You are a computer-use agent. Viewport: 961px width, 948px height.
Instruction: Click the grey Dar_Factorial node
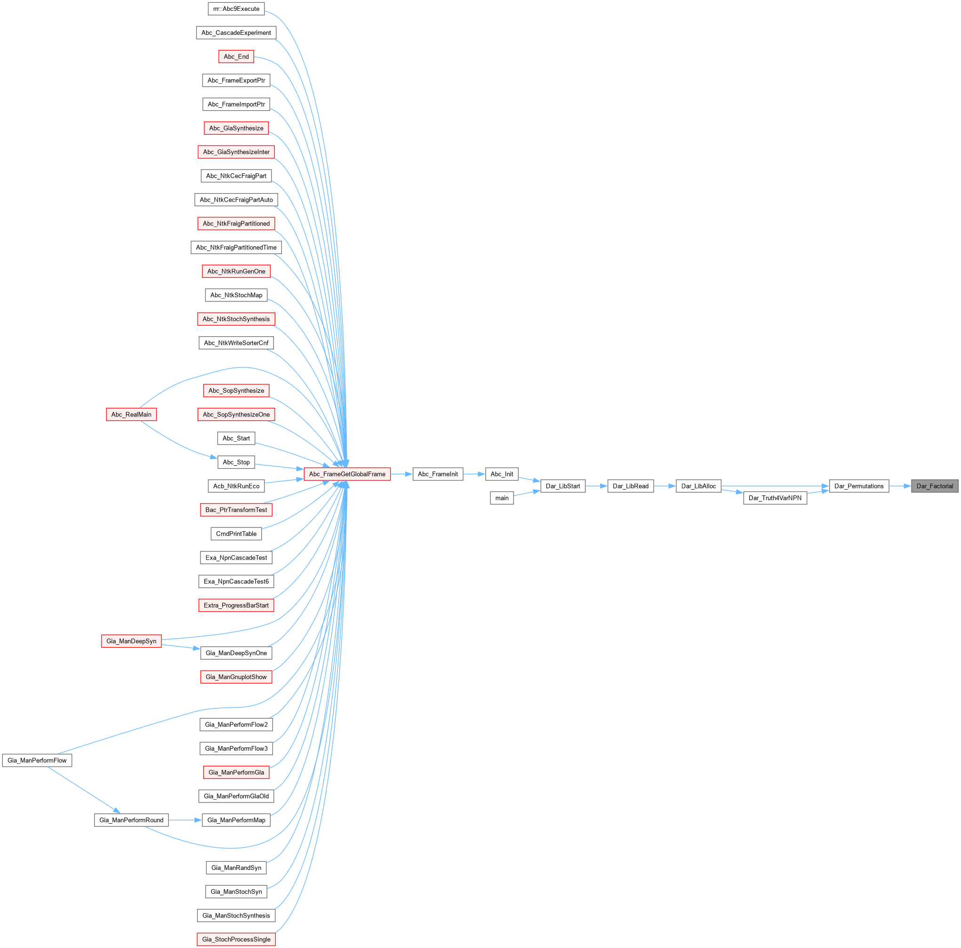[934, 486]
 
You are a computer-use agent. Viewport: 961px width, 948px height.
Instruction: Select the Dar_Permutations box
[858, 486]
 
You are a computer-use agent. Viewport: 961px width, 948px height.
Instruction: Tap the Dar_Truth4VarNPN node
[775, 498]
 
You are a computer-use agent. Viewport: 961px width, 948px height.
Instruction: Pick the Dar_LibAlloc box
[698, 486]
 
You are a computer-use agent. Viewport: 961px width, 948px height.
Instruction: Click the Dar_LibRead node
[630, 486]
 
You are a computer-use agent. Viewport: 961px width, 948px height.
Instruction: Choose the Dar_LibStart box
[562, 486]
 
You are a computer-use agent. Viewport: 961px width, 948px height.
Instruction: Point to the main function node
[502, 498]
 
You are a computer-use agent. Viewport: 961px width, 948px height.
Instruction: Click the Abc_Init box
[502, 474]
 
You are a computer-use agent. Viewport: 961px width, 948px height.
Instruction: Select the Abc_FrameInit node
[438, 474]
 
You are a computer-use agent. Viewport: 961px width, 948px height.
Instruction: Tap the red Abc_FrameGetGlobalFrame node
[347, 474]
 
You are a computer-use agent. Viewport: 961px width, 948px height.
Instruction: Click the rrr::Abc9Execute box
[236, 8]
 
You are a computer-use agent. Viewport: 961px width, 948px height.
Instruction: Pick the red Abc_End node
[236, 56]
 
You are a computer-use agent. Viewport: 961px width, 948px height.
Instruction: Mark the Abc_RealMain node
[131, 414]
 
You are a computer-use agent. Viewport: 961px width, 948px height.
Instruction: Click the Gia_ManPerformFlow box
[37, 760]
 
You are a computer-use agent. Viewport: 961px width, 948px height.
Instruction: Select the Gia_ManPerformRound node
[131, 819]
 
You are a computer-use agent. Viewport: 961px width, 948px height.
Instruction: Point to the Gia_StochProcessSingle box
[236, 939]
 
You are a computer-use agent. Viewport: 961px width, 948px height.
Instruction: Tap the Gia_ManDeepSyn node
[131, 640]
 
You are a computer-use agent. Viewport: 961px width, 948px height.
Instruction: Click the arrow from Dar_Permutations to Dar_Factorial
[900, 486]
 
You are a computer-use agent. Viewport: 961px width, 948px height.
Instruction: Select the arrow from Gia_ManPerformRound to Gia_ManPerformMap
[185, 819]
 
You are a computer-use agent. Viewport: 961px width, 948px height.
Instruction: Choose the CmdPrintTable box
[236, 534]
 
